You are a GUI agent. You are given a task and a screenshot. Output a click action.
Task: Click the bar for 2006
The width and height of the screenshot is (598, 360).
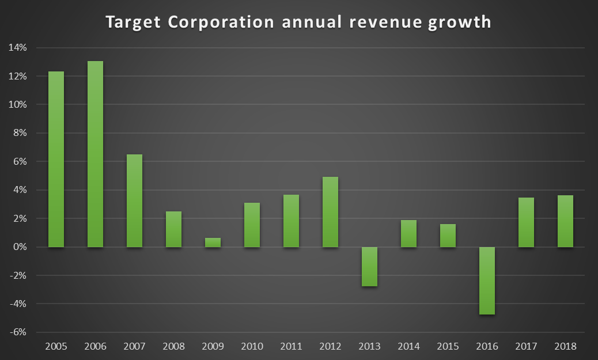pos(95,154)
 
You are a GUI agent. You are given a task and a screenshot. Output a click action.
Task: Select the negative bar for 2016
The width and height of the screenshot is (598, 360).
pos(487,281)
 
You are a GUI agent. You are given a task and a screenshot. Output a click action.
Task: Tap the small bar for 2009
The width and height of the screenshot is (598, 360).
pos(213,242)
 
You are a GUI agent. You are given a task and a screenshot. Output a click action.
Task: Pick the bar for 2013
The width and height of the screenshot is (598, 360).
pos(369,266)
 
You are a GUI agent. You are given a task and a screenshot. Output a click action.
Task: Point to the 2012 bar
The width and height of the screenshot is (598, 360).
pos(330,212)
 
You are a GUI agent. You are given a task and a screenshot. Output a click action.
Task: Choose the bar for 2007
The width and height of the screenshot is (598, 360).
pos(134,200)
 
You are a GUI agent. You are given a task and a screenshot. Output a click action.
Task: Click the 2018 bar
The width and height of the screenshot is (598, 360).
pos(565,221)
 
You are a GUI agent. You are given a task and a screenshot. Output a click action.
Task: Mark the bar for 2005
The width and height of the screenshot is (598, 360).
pos(56,159)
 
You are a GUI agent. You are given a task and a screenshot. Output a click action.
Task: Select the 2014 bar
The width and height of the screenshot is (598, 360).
pos(408,233)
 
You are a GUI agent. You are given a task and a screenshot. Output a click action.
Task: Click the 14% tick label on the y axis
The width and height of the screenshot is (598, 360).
pos(18,48)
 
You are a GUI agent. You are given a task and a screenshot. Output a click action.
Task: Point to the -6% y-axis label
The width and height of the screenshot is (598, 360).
pos(19,332)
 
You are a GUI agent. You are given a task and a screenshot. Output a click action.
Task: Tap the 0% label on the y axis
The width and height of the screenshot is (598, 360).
pos(21,247)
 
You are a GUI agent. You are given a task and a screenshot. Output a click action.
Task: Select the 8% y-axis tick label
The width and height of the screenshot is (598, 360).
pos(21,133)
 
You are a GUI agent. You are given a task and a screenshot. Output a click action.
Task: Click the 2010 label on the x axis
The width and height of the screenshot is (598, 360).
pos(252,347)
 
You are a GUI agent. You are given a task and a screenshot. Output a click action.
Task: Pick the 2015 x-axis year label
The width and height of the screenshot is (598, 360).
pos(448,347)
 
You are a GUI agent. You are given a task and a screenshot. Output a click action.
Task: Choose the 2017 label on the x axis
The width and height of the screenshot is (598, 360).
pos(526,347)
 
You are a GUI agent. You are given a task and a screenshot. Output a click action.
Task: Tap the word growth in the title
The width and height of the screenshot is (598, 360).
pos(464,23)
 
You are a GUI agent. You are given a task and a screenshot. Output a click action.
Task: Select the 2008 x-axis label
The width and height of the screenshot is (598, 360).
pos(173,347)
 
